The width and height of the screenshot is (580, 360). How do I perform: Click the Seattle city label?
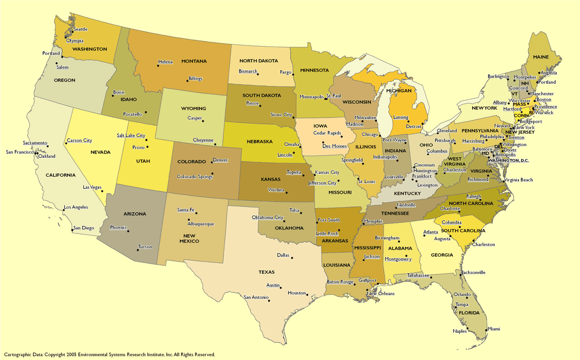(80, 29)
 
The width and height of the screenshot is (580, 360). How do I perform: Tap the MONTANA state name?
(194, 61)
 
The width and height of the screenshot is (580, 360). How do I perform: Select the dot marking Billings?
(187, 81)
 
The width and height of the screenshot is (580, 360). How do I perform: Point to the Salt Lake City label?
(131, 136)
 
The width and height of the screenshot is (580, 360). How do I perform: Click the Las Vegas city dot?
(102, 191)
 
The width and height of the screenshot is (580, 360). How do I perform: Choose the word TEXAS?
(266, 272)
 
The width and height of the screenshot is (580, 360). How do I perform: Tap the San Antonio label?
(256, 298)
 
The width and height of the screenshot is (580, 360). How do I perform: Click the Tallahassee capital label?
(418, 275)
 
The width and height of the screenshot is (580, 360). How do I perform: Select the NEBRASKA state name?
(260, 141)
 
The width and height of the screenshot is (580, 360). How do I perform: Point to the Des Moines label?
(334, 146)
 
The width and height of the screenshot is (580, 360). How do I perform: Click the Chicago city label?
(370, 135)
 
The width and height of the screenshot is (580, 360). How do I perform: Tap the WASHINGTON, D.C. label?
(508, 161)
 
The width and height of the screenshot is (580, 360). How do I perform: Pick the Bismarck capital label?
(248, 72)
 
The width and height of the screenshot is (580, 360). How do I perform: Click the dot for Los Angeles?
(62, 210)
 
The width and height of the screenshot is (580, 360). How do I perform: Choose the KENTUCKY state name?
(407, 194)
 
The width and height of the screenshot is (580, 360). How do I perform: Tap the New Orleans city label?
(381, 294)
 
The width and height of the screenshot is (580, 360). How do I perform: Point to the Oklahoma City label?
(267, 218)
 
